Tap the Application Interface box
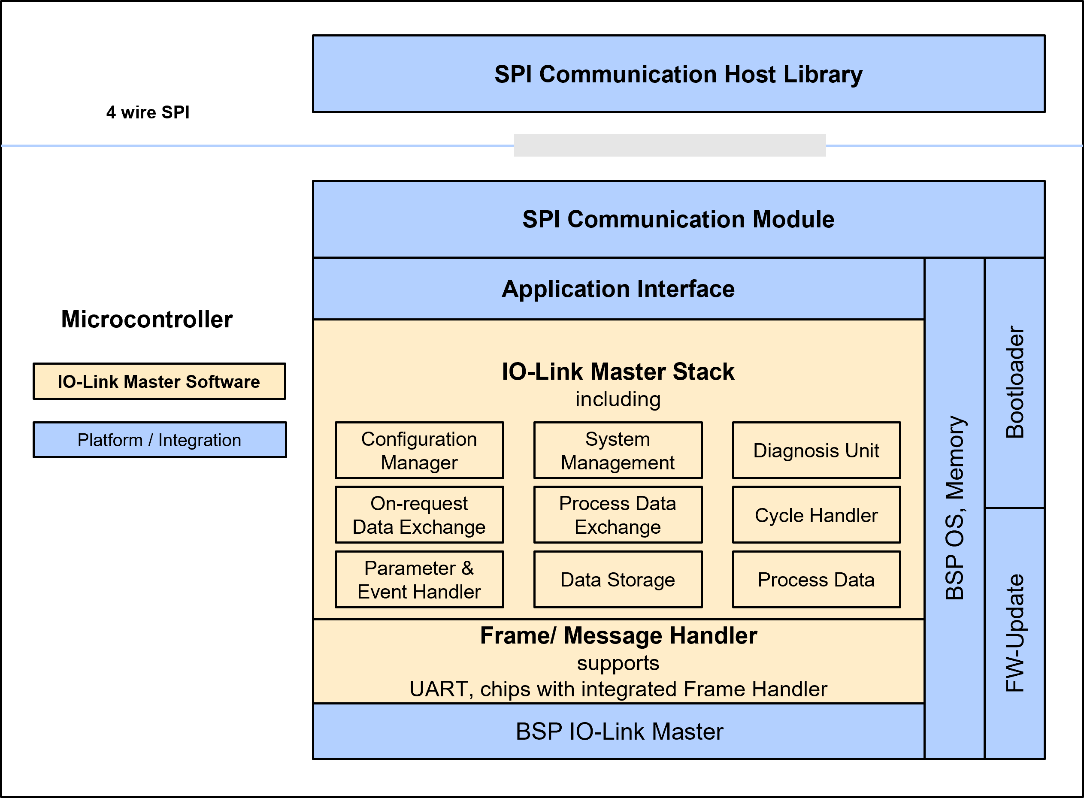618,289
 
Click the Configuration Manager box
419,450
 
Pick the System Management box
618,450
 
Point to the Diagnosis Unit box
816,450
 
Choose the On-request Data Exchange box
419,515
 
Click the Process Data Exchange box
618,515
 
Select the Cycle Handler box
816,515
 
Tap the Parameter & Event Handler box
419,580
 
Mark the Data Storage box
618,580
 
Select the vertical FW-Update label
1015,633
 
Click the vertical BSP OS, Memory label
954,507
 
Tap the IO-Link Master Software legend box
159,381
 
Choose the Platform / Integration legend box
159,440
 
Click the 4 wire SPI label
148,112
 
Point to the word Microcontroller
147,319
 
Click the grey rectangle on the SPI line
669,145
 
